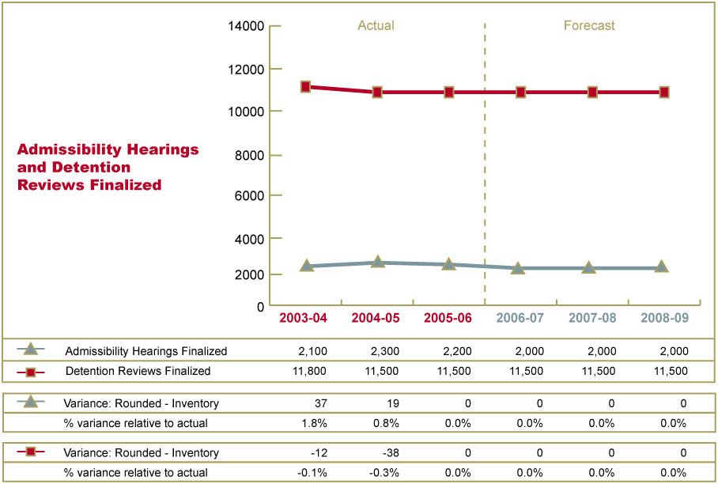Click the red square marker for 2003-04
coord(306,86)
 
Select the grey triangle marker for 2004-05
coord(378,262)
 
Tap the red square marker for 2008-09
coord(664,93)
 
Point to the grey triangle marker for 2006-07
coord(519,268)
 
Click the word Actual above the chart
coord(376,25)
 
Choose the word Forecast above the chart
coord(589,25)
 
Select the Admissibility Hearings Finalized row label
coord(146,351)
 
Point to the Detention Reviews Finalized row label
coord(138,371)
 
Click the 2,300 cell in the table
coord(385,351)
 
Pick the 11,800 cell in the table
coord(311,371)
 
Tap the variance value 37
coord(320,403)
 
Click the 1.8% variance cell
coord(314,423)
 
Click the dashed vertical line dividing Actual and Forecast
coord(484,158)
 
